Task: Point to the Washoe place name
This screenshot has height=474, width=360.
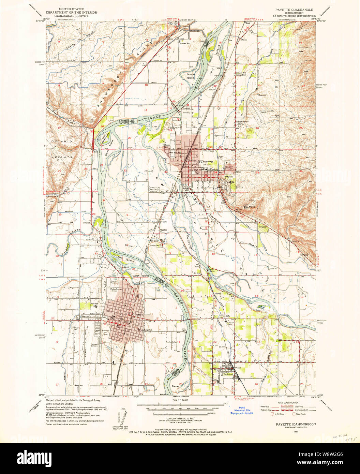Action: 164,231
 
